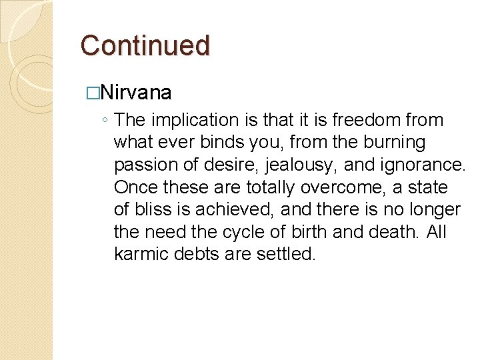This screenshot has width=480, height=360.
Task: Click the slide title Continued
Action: (x=145, y=45)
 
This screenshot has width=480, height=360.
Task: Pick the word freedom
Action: (x=367, y=120)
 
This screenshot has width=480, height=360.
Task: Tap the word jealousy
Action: (x=305, y=165)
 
